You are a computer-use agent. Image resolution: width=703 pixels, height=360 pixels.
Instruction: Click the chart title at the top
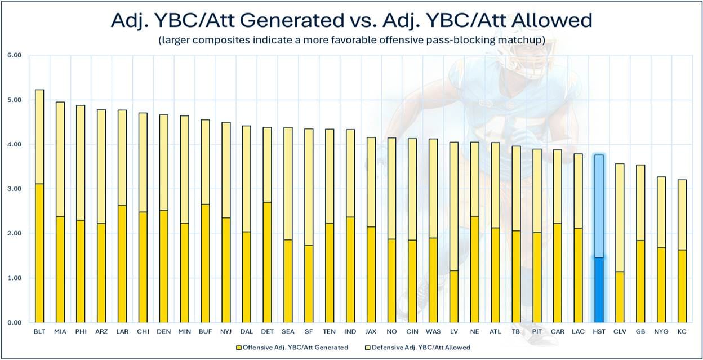tap(351, 20)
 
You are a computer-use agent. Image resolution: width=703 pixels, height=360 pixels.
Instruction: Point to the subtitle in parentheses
tap(351, 40)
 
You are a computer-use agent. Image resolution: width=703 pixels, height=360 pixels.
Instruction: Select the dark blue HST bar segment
tap(599, 290)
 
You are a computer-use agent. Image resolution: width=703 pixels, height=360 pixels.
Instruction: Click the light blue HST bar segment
tap(599, 206)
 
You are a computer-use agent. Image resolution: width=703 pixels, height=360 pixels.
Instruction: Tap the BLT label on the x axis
tap(39, 331)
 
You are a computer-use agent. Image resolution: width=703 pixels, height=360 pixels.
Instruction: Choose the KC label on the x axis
tap(682, 331)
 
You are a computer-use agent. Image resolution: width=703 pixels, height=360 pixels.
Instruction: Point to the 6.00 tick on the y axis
tap(15, 55)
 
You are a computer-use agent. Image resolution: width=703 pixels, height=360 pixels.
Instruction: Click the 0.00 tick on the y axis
tap(15, 323)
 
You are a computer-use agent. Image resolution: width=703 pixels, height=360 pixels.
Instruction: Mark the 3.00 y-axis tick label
tap(15, 189)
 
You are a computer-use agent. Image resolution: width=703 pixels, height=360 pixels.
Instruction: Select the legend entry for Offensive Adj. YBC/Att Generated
tap(292, 348)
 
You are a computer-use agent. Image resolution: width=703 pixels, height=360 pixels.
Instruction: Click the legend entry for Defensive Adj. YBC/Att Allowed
tap(418, 348)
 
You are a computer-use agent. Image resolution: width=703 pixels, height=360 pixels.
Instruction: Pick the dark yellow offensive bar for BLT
tap(39, 254)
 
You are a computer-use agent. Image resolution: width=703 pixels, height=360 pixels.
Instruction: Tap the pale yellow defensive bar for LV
tap(454, 207)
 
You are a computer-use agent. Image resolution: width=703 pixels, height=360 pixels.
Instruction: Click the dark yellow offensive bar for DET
tap(267, 263)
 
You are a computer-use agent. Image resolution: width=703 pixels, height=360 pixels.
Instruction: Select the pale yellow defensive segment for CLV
tap(620, 218)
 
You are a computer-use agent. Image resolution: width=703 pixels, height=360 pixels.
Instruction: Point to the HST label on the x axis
tap(599, 331)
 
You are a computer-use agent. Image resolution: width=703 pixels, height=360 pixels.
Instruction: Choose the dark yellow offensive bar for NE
tap(474, 270)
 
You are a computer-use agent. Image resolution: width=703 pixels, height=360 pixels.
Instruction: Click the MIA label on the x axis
tap(60, 331)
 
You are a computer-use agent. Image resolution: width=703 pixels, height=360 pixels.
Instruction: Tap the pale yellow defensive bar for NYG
tap(661, 212)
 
